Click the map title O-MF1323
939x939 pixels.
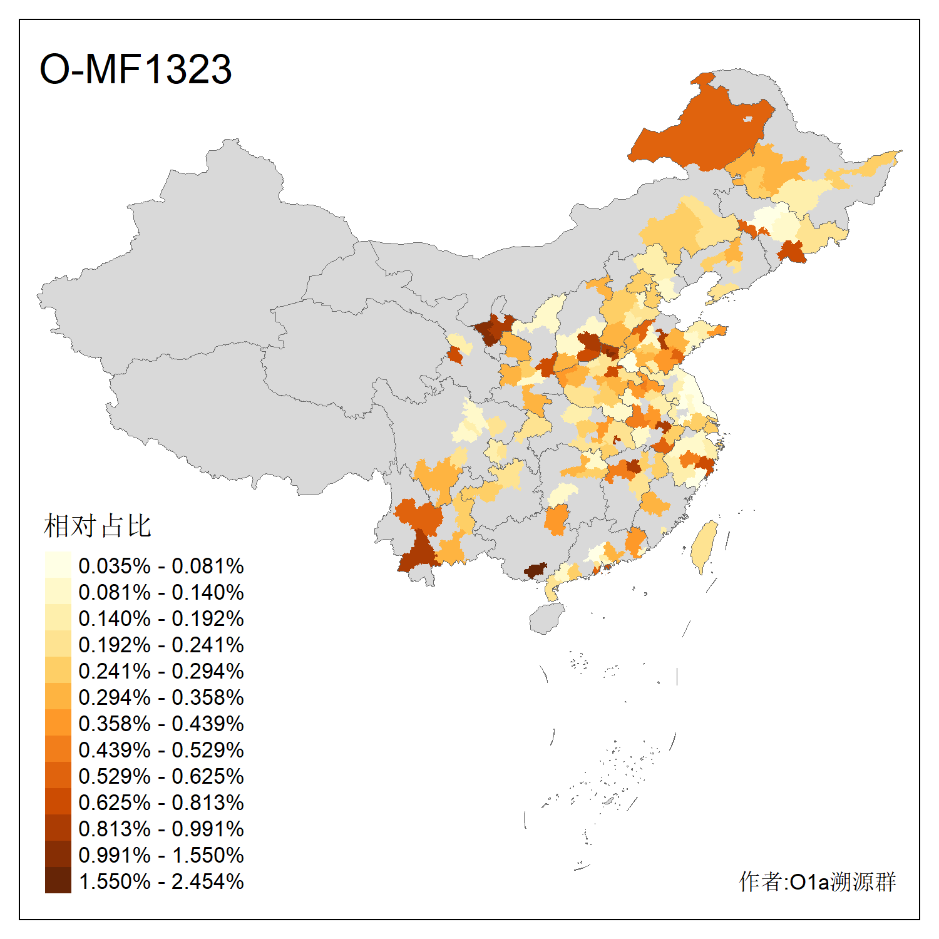[x=135, y=69]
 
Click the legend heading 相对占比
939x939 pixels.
[x=97, y=526]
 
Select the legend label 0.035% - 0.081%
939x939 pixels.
[x=161, y=566]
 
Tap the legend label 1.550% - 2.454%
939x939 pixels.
[x=161, y=881]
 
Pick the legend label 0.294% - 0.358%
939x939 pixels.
[x=161, y=697]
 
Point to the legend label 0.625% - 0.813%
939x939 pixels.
[x=161, y=803]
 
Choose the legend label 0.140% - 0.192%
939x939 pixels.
[x=161, y=618]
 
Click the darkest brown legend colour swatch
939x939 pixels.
[x=58, y=881]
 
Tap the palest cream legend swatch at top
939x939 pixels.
[x=58, y=565]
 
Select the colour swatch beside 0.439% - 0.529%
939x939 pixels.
[x=58, y=749]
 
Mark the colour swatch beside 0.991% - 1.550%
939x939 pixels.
[x=58, y=854]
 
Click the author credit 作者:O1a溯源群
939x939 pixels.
[x=817, y=881]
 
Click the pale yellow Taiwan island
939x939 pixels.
[x=706, y=545]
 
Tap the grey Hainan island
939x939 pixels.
[x=546, y=618]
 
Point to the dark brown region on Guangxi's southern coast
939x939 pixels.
[x=535, y=570]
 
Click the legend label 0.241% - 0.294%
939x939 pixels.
[x=161, y=671]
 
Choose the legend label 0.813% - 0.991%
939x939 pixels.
[x=161, y=829]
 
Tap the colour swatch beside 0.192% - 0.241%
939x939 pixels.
[x=58, y=644]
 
